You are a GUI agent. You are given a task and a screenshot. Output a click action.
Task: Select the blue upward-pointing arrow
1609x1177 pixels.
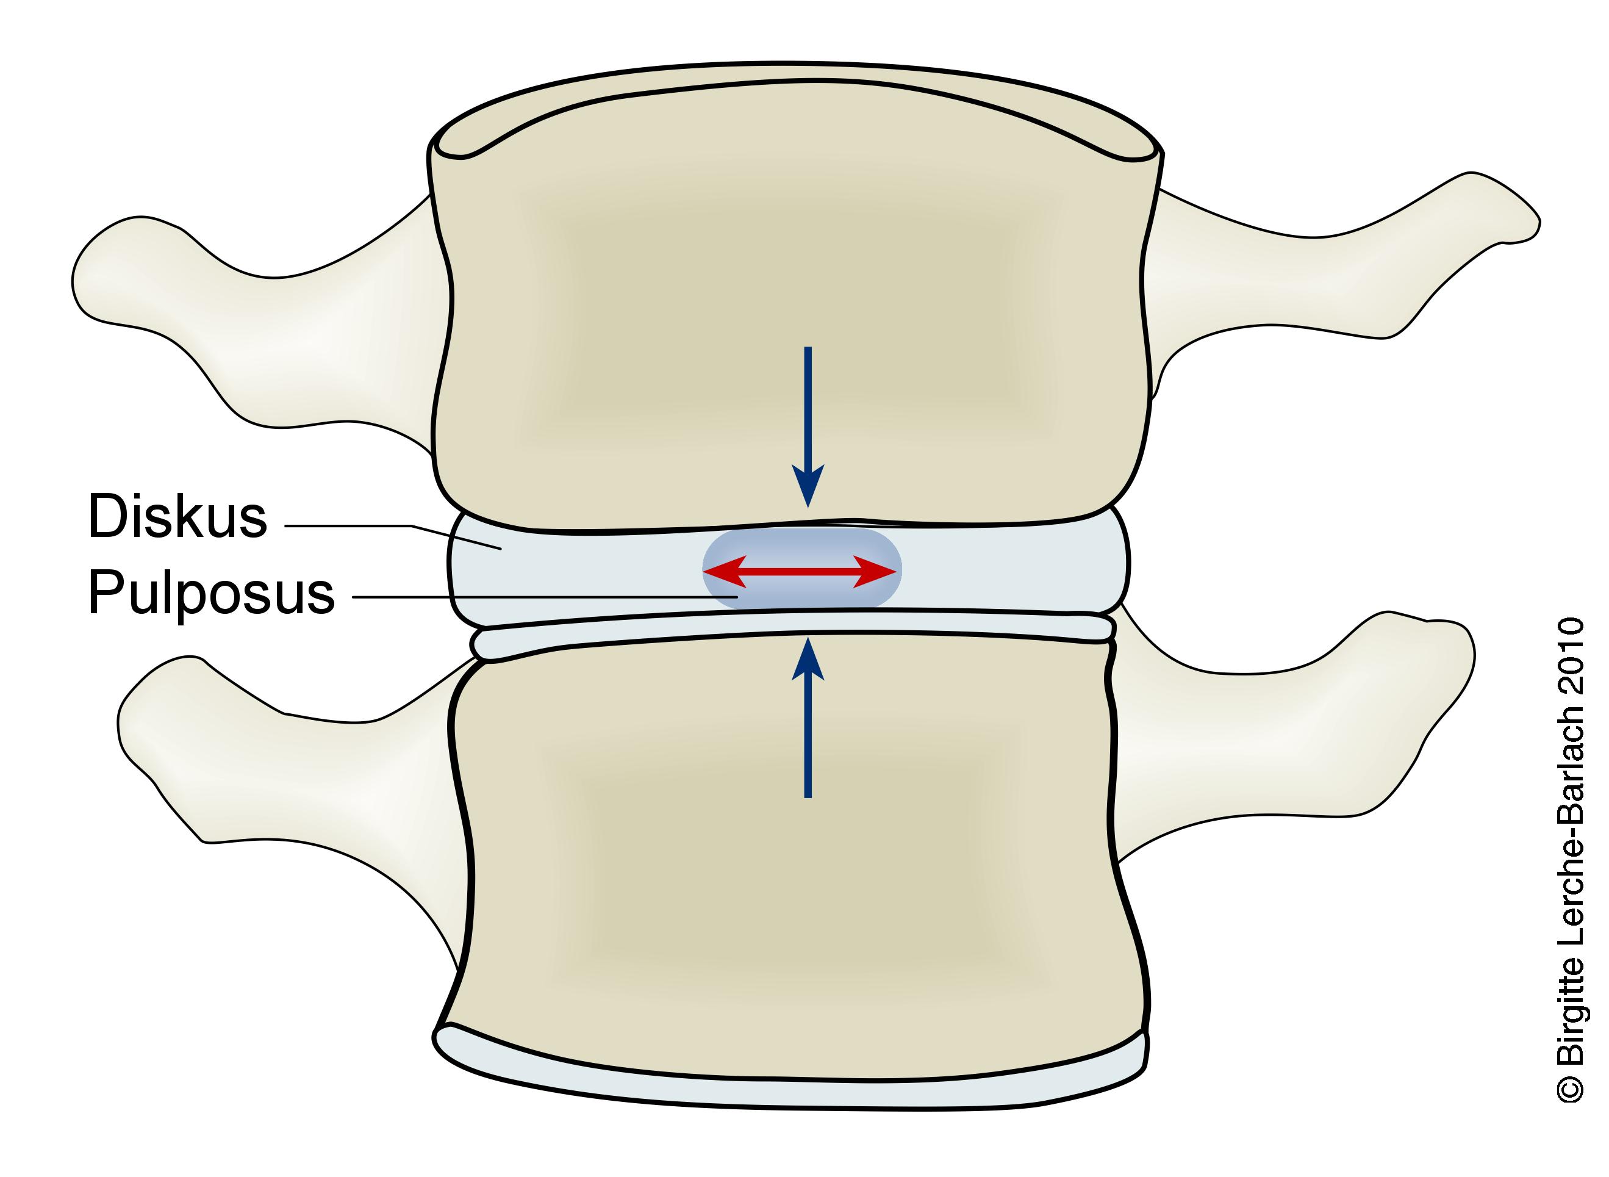808,719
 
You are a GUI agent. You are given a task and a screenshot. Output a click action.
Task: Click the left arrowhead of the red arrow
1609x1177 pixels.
719,571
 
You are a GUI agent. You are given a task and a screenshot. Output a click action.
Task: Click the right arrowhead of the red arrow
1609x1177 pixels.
880,571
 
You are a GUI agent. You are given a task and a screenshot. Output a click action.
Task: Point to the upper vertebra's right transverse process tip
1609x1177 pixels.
1532,221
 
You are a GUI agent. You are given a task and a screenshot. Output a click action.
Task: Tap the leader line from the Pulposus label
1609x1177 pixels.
542,596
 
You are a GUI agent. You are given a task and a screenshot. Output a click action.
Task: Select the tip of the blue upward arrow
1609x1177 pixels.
808,640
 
